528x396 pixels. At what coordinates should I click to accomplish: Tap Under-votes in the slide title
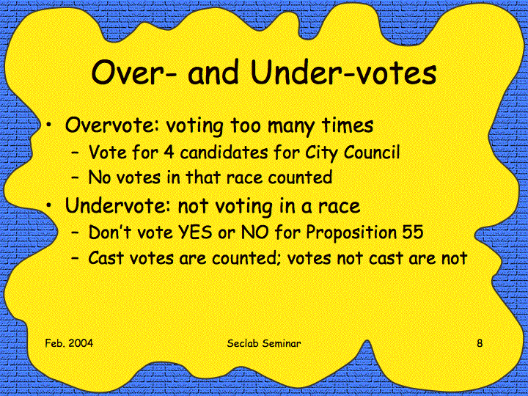point(343,72)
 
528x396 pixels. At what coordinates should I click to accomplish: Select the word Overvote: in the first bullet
point(111,125)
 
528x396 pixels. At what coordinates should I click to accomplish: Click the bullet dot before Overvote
point(49,125)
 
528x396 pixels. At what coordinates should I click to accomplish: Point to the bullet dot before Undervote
point(49,205)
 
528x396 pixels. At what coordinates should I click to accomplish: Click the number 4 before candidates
point(169,153)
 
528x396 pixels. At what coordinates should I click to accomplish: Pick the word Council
point(372,152)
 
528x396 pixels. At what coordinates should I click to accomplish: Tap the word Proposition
point(351,233)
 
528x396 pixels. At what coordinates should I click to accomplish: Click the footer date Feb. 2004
point(69,343)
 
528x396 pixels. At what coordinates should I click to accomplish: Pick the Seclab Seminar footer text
point(264,343)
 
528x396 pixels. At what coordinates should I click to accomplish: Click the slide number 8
point(480,343)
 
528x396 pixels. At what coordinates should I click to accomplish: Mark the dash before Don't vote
point(76,233)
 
